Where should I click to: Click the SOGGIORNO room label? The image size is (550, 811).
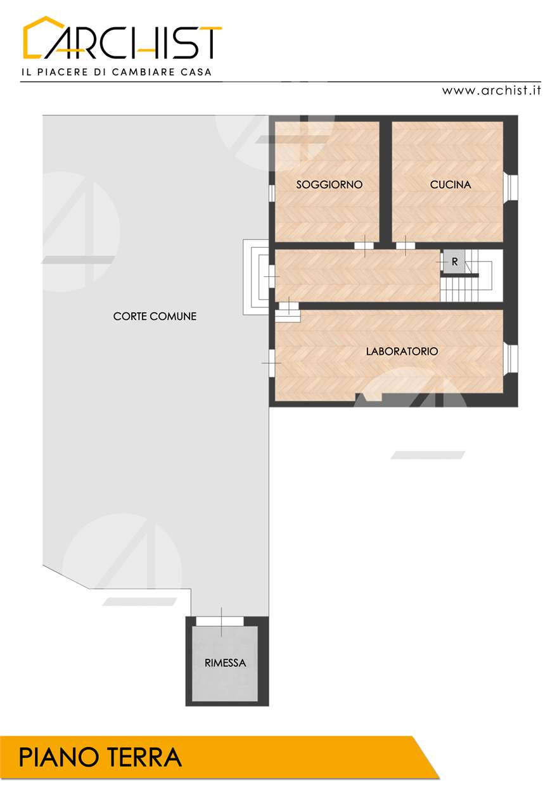(x=329, y=184)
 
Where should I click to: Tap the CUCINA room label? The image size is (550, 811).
(x=450, y=184)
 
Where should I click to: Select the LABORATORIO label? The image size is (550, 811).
(x=402, y=351)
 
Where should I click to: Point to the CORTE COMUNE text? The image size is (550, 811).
(x=155, y=316)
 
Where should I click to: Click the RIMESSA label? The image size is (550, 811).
(x=225, y=663)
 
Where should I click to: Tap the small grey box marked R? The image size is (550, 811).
(x=454, y=262)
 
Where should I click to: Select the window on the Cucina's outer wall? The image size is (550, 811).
(x=511, y=187)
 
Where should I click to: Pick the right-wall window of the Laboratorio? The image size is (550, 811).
(x=511, y=359)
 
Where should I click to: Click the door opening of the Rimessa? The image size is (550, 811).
(x=220, y=621)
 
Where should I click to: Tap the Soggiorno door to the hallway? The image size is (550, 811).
(x=364, y=246)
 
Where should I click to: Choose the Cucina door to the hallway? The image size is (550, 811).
(x=405, y=246)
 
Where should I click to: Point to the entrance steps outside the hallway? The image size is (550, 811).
(x=255, y=277)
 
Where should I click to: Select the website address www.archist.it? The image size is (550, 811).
(x=491, y=90)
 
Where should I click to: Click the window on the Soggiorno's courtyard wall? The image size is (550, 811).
(x=272, y=192)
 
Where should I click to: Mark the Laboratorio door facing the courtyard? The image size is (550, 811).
(x=272, y=363)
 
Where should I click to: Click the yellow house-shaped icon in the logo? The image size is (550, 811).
(x=42, y=37)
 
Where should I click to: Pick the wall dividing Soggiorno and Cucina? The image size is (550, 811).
(x=386, y=181)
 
